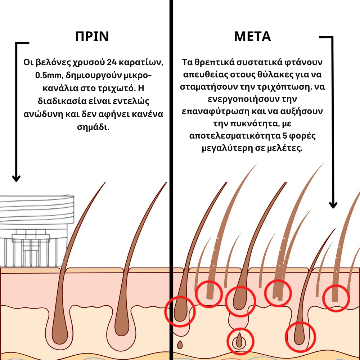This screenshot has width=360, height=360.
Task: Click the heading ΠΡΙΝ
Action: pyautogui.click(x=92, y=37)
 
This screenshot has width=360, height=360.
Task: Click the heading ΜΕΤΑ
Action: pyautogui.click(x=252, y=37)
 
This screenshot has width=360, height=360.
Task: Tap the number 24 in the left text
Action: pyautogui.click(x=114, y=62)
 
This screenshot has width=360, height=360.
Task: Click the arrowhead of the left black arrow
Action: pyautogui.click(x=16, y=178)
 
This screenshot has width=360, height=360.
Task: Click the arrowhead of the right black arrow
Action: pyautogui.click(x=333, y=205)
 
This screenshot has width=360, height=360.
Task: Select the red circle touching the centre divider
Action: pyautogui.click(x=180, y=311)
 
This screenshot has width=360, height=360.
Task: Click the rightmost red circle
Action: pyautogui.click(x=336, y=297)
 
